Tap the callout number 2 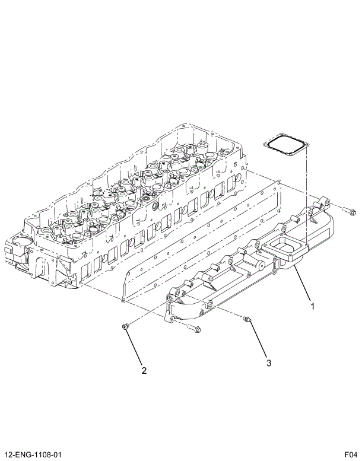pos(144,371)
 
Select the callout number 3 pos(268,362)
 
